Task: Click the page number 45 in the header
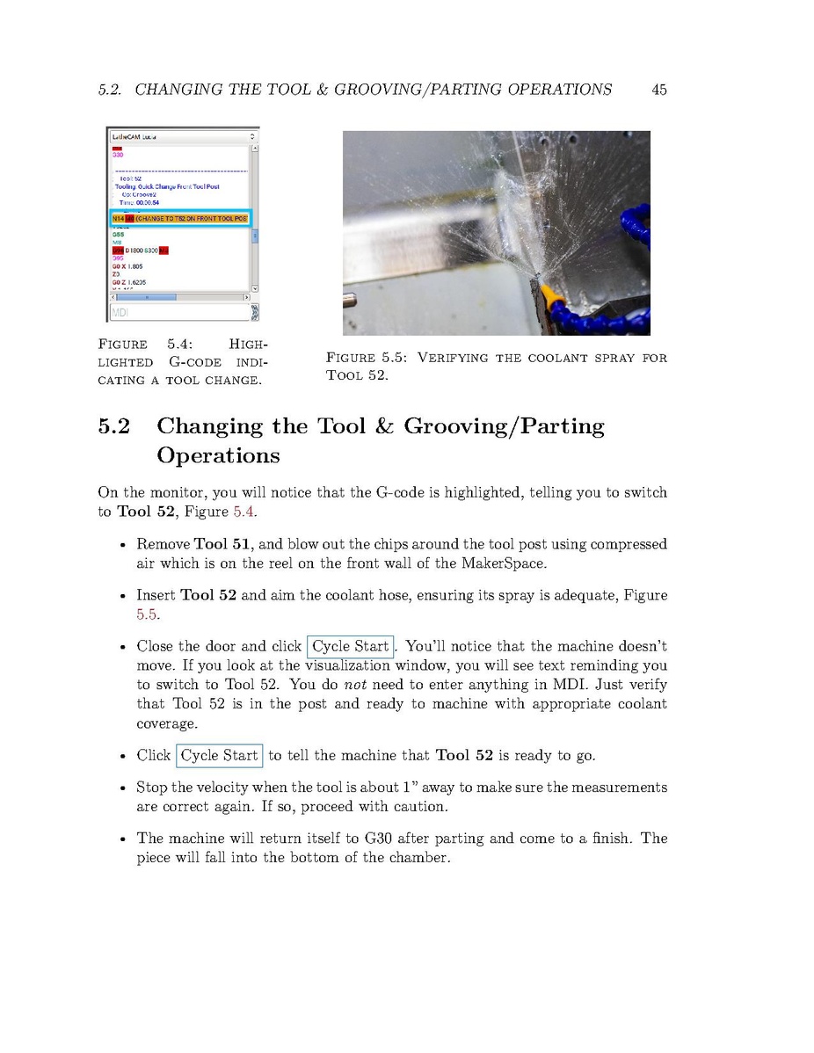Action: coord(658,90)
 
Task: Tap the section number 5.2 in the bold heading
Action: coord(114,427)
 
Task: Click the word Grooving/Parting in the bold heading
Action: coord(504,427)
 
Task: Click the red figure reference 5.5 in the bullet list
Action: coord(148,614)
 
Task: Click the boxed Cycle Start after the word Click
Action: coord(219,756)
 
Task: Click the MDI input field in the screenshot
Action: coord(178,312)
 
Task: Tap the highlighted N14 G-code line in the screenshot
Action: coord(180,217)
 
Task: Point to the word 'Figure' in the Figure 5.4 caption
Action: coord(122,344)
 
